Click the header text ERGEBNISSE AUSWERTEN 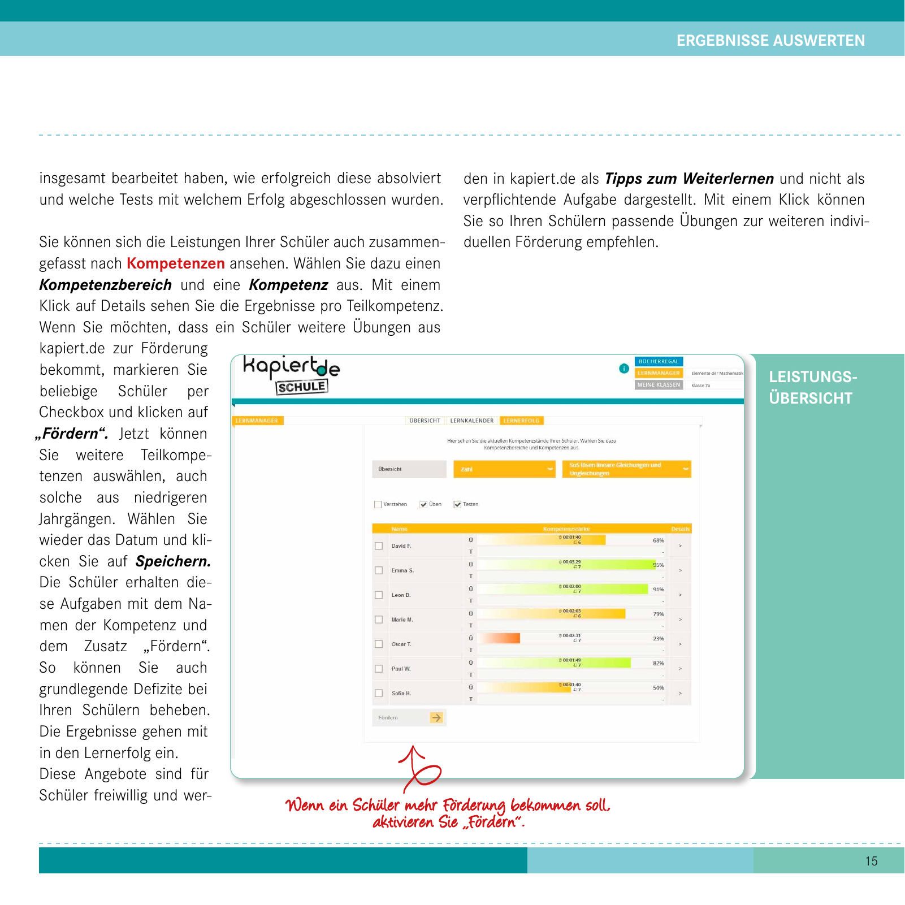[770, 41]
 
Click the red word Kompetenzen [176, 263]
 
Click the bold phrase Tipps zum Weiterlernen [689, 179]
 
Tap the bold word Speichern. [173, 561]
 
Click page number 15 [871, 861]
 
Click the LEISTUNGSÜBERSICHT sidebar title [812, 387]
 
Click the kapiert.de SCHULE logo [291, 374]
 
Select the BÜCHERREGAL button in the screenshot [659, 361]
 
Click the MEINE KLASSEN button [659, 385]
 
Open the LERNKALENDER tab [471, 421]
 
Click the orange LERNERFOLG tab [521, 421]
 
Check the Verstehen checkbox [378, 504]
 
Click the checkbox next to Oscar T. [379, 644]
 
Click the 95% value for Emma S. [658, 565]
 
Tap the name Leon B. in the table [401, 595]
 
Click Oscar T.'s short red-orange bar [500, 638]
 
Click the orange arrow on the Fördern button [436, 717]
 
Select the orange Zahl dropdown [504, 469]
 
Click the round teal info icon [624, 369]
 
